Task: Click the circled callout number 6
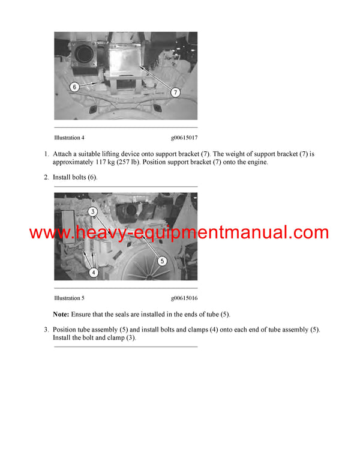pyautogui.click(x=74, y=87)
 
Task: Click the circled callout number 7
pyautogui.click(x=175, y=92)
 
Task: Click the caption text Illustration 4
pyautogui.click(x=69, y=138)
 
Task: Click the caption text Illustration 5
pyautogui.click(x=69, y=298)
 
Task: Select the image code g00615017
pyautogui.click(x=184, y=138)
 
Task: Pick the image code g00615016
pyautogui.click(x=184, y=298)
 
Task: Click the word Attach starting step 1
pyautogui.click(x=63, y=154)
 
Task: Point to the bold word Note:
pyautogui.click(x=61, y=314)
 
